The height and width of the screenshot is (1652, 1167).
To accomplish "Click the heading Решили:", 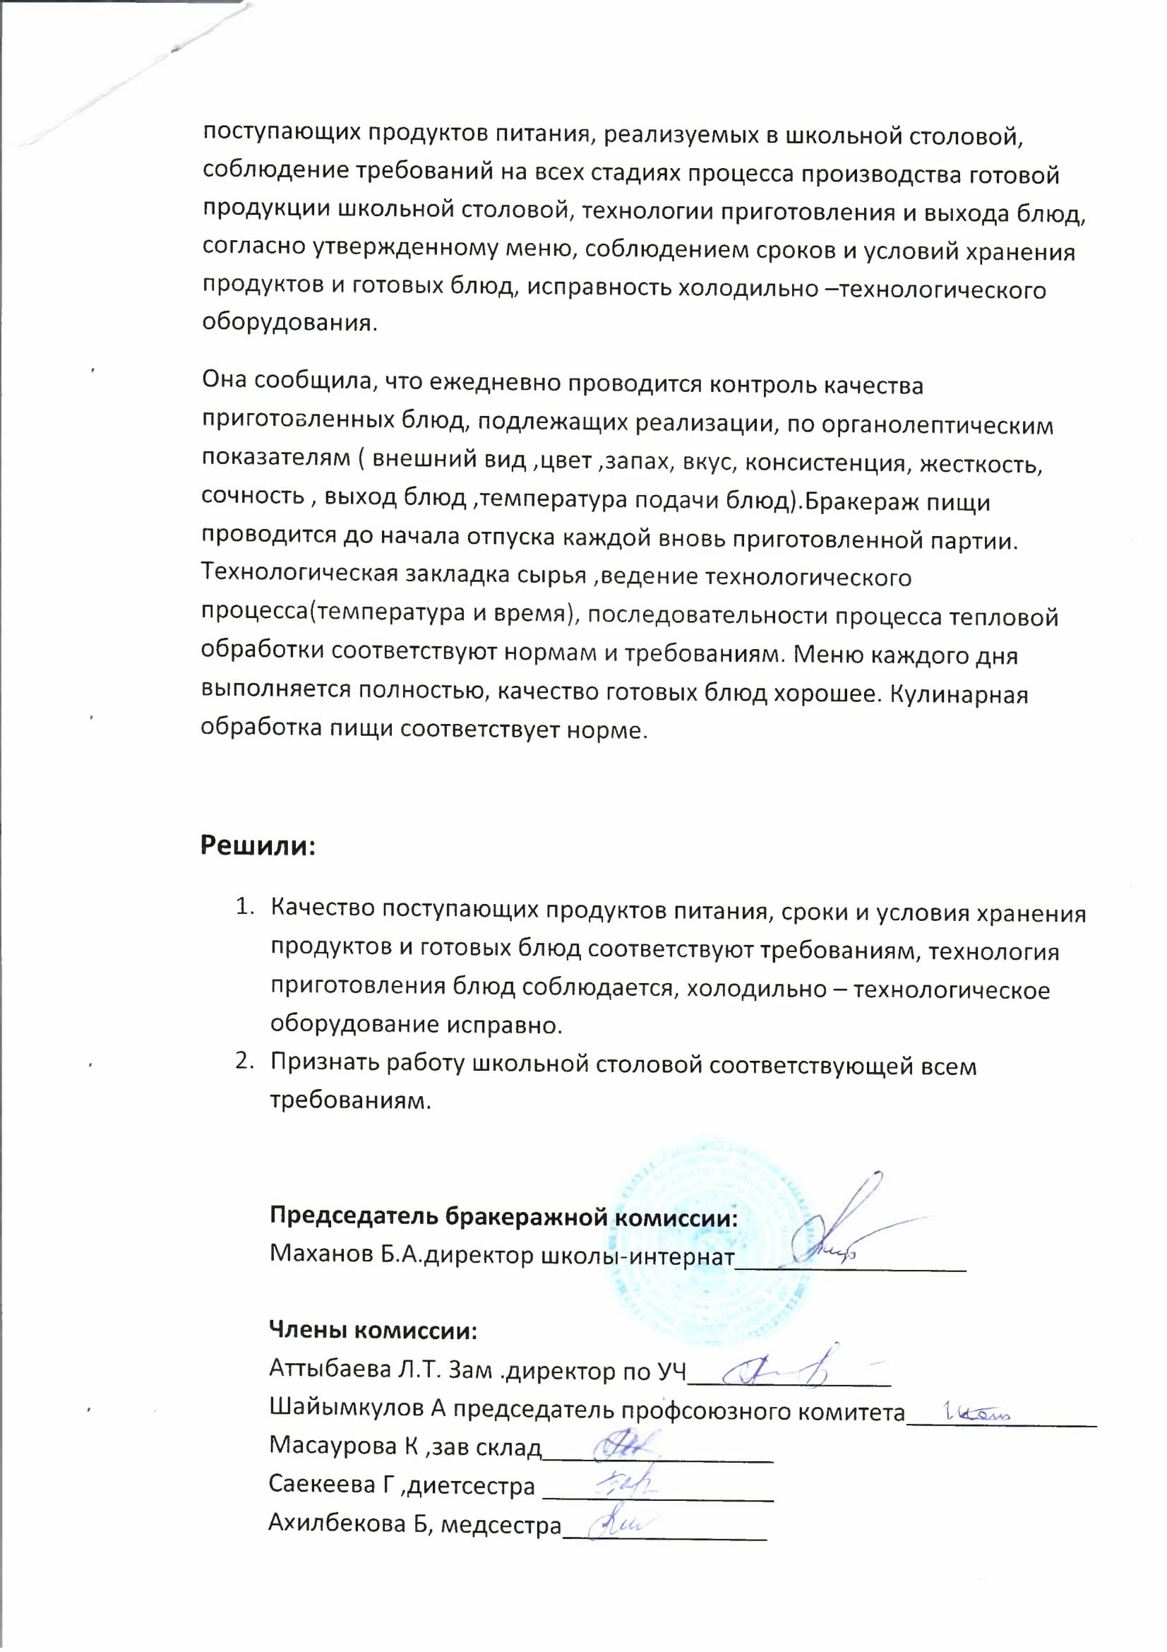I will tap(258, 845).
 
